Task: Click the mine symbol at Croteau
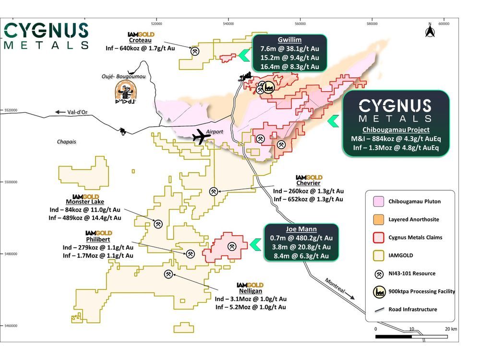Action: (x=196, y=51)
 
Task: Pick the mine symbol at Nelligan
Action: (x=168, y=274)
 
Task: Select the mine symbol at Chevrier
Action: (x=214, y=191)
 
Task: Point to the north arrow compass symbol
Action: (x=430, y=32)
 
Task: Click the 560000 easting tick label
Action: (x=300, y=22)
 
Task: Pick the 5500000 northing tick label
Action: (x=11, y=182)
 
